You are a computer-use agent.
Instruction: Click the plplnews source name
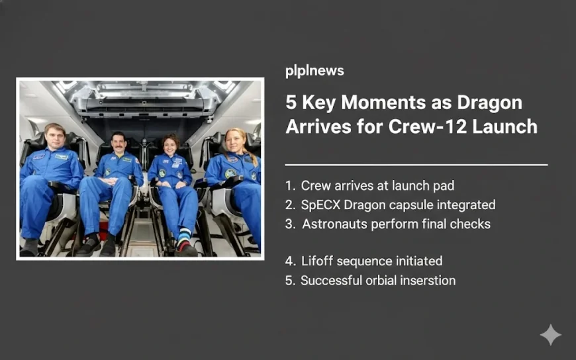pos(314,71)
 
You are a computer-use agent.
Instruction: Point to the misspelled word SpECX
pos(320,205)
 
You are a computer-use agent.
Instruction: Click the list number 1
pos(289,186)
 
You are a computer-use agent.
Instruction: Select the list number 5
pos(289,281)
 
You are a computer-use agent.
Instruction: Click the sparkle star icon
pos(550,335)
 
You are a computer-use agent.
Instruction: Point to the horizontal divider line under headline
pos(416,164)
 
